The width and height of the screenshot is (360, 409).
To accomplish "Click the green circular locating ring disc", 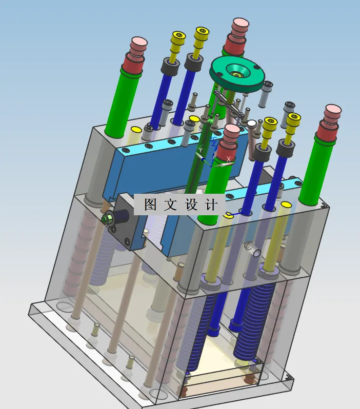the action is pos(237,74).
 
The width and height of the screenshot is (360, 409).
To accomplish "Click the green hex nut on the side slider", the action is pos(108,218).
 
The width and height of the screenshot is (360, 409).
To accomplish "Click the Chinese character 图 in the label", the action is pos(150,205).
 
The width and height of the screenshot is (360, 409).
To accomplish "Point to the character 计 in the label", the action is pos(211,205).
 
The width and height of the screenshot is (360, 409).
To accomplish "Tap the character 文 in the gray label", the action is pos(170,205).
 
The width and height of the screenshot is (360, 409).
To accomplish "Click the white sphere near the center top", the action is pos(252,124).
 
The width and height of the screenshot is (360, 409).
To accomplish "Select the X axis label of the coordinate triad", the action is pos(229,158).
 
